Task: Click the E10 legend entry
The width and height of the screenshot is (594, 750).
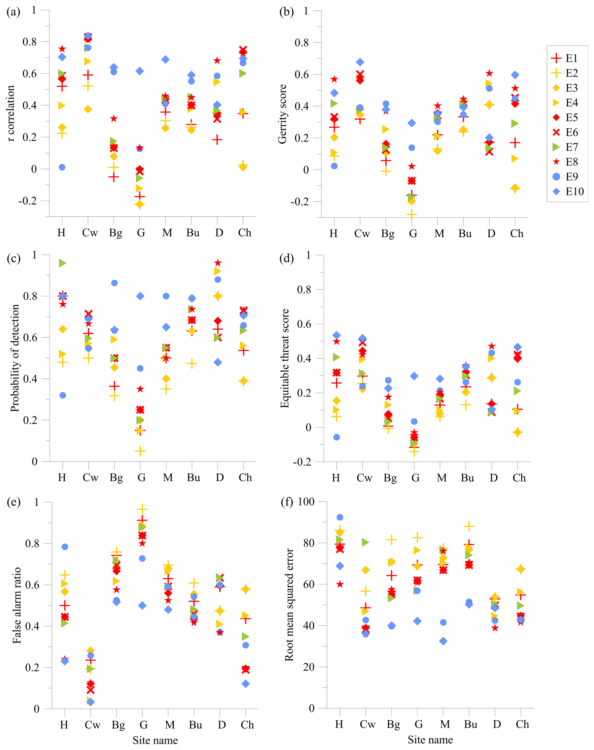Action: [x=567, y=192]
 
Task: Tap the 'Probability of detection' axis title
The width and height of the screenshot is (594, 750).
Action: [x=15, y=358]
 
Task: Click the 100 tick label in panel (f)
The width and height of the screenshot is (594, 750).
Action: [x=306, y=502]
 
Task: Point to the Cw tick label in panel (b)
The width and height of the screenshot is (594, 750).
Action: [x=362, y=234]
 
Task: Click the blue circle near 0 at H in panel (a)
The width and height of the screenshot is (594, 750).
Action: [x=62, y=167]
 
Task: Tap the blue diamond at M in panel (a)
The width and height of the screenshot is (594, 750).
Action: [x=166, y=59]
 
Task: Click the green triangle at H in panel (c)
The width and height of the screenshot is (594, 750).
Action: [x=62, y=263]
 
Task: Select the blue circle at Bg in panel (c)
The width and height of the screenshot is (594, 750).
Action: [x=114, y=283]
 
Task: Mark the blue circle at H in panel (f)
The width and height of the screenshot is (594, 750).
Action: [x=340, y=518]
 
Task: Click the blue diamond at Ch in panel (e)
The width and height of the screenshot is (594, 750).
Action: [x=245, y=684]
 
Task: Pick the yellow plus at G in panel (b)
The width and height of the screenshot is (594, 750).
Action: [x=412, y=215]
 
